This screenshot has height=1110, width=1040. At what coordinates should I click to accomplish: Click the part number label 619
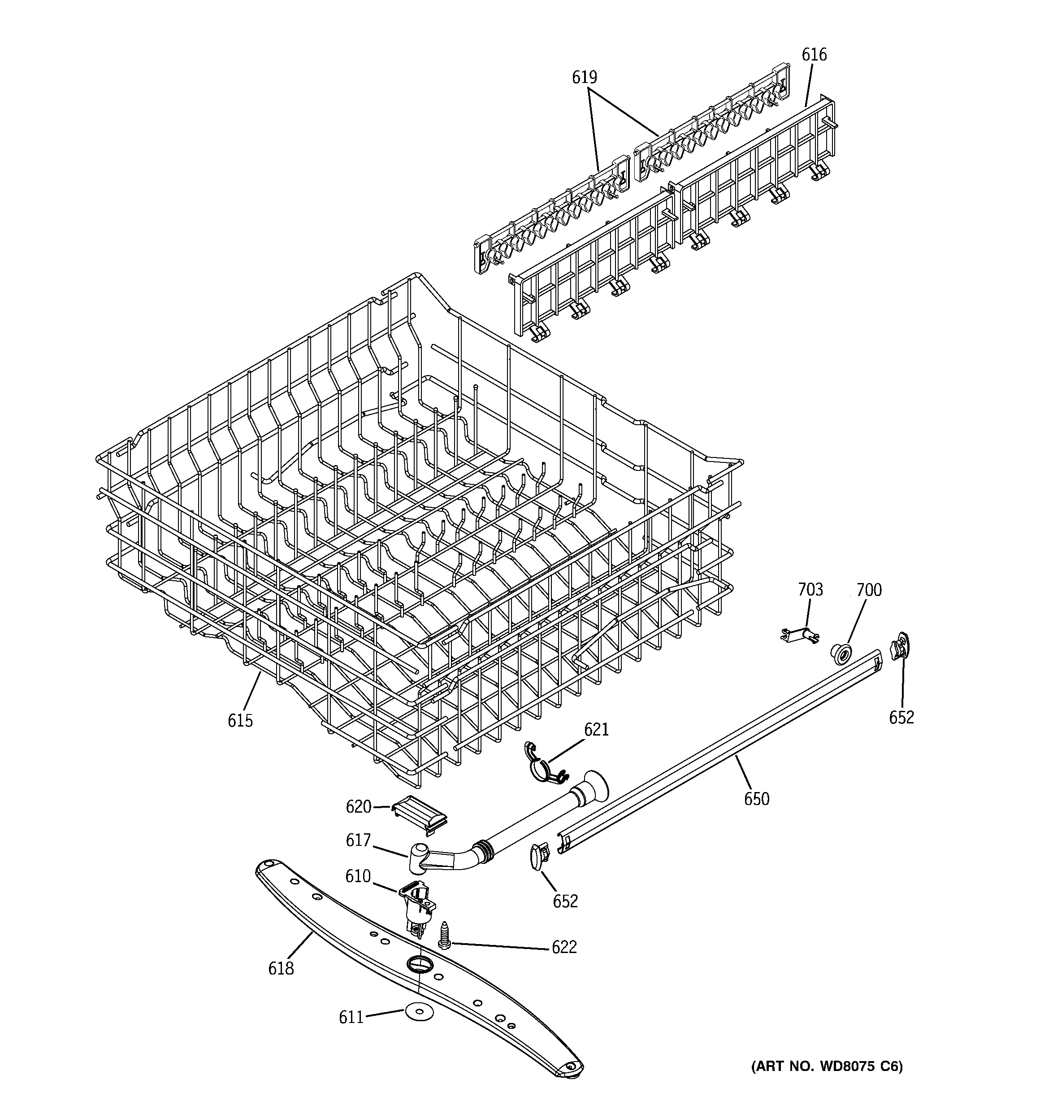[584, 78]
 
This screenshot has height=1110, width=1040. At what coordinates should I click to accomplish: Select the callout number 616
[814, 55]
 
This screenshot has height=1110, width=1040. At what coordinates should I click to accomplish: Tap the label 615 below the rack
[240, 721]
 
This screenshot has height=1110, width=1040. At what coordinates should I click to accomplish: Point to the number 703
[810, 590]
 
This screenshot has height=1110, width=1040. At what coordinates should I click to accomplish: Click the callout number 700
[869, 590]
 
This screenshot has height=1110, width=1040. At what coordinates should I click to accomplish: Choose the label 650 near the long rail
[756, 799]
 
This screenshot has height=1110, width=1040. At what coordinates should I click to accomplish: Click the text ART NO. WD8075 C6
[826, 1067]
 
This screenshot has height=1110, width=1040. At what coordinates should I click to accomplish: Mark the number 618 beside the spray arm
[280, 968]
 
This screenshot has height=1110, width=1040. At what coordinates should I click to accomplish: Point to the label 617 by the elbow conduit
[358, 841]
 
